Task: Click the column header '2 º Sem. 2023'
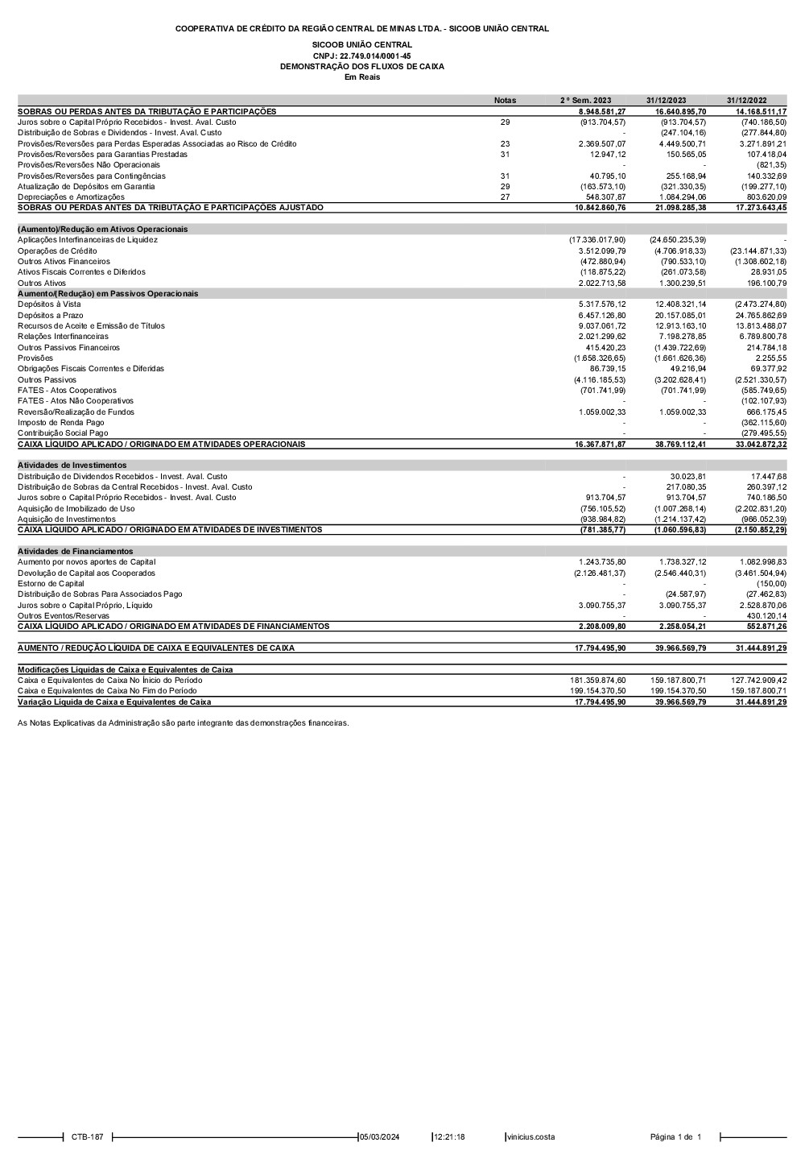click(x=585, y=101)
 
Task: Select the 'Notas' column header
click(x=505, y=101)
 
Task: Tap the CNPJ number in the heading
click(x=361, y=56)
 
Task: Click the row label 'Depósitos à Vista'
click(x=49, y=304)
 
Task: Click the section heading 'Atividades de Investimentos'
click(x=72, y=466)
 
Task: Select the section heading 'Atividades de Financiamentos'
click(x=75, y=552)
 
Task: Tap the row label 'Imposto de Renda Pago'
click(x=60, y=422)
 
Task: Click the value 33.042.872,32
click(x=757, y=444)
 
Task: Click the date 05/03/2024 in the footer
click(x=379, y=1137)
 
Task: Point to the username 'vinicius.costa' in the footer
click(x=530, y=1137)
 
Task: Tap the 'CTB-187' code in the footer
click(x=87, y=1137)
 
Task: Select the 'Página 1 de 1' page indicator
click(x=675, y=1137)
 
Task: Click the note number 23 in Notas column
click(x=505, y=143)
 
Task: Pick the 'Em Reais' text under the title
click(x=361, y=77)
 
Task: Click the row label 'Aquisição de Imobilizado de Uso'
click(x=76, y=508)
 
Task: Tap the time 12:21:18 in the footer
click(x=449, y=1137)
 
